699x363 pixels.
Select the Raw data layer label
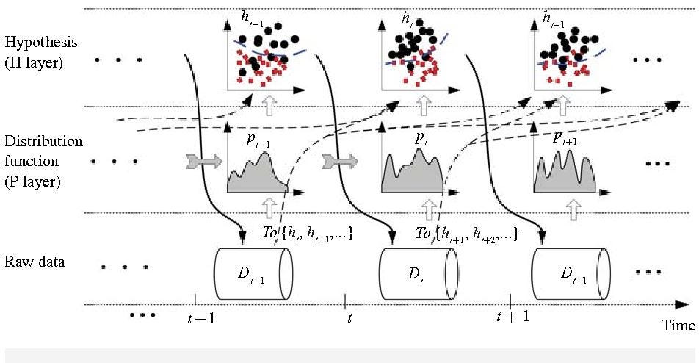35,262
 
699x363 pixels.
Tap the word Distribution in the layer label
43,140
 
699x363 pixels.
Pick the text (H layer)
34,63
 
